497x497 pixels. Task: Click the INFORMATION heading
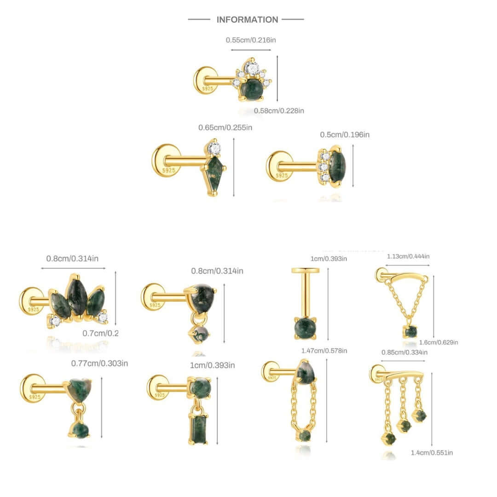pyautogui.click(x=247, y=20)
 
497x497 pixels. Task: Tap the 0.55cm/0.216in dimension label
pyautogui.click(x=251, y=40)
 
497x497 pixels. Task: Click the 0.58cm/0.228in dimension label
pyautogui.click(x=279, y=111)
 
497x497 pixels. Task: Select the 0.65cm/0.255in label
pyautogui.click(x=225, y=127)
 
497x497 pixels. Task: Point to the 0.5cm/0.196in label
pyautogui.click(x=345, y=135)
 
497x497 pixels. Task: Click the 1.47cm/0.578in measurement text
pyautogui.click(x=324, y=351)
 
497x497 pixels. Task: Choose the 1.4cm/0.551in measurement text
pyautogui.click(x=432, y=453)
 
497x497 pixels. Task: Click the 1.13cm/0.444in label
pyautogui.click(x=408, y=256)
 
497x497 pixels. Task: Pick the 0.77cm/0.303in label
pyautogui.click(x=99, y=364)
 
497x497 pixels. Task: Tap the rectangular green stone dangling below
pyautogui.click(x=199, y=429)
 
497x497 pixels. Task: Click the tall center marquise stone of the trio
pyautogui.click(x=76, y=296)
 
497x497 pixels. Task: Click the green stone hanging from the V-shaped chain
pyautogui.click(x=410, y=331)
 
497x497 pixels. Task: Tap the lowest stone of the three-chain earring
pyautogui.click(x=388, y=438)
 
